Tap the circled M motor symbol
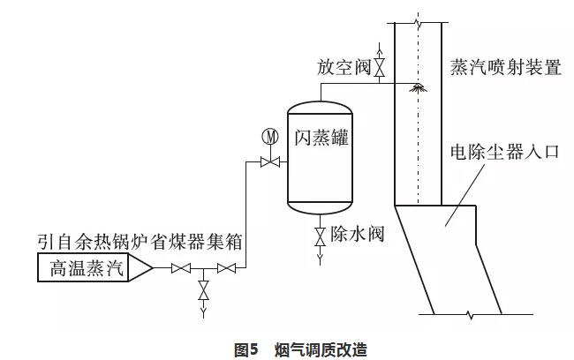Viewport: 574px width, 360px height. click(x=270, y=137)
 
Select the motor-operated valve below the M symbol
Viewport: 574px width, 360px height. click(x=269, y=161)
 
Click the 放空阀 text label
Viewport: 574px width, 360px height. click(x=344, y=67)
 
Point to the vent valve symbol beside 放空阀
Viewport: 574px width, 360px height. click(x=379, y=66)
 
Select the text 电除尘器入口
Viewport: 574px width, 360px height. click(x=504, y=151)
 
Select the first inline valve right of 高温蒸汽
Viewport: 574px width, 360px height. click(x=181, y=267)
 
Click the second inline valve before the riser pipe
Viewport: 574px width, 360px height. click(x=227, y=267)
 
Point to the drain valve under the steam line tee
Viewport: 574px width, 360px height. click(x=204, y=290)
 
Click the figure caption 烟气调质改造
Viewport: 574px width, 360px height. click(x=319, y=349)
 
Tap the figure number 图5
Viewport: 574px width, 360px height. click(x=245, y=349)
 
